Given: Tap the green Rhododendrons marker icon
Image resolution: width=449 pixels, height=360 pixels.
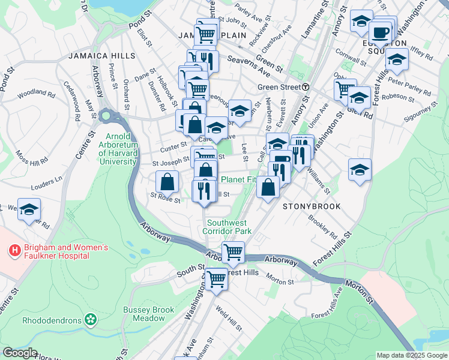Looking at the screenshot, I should [x=91, y=319].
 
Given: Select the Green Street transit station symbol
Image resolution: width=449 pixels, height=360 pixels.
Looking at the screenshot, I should [x=306, y=87].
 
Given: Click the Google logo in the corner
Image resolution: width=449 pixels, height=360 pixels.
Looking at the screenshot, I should [x=20, y=353].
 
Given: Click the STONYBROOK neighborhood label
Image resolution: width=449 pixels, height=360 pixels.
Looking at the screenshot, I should [x=312, y=206].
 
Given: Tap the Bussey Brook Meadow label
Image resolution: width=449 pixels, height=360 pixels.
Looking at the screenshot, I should [x=148, y=314].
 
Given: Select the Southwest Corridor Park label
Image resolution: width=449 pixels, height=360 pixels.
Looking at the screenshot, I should [x=226, y=226].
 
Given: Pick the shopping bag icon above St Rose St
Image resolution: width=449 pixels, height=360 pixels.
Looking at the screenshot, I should [x=167, y=181].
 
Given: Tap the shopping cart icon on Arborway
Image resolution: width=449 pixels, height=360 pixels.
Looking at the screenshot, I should [x=232, y=252].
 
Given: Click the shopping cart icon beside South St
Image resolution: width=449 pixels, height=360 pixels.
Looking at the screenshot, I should [x=215, y=278].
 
